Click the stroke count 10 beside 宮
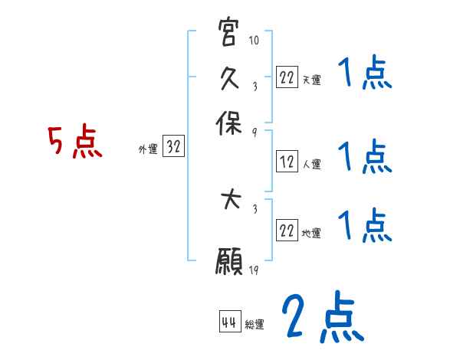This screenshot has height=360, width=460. coord(255,40)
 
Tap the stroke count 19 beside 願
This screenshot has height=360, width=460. coord(254,270)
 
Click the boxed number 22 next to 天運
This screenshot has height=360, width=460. coord(287,77)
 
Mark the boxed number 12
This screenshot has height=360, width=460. coord(287,162)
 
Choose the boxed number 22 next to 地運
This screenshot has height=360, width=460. coord(287,231)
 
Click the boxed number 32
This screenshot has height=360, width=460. coord(173,148)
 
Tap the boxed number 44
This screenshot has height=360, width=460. coord(228,322)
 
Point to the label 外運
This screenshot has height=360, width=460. coord(148,150)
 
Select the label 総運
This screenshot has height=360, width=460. coord(255,324)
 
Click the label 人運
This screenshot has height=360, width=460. coord(311,163)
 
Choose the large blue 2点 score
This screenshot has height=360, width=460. coord(322,318)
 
